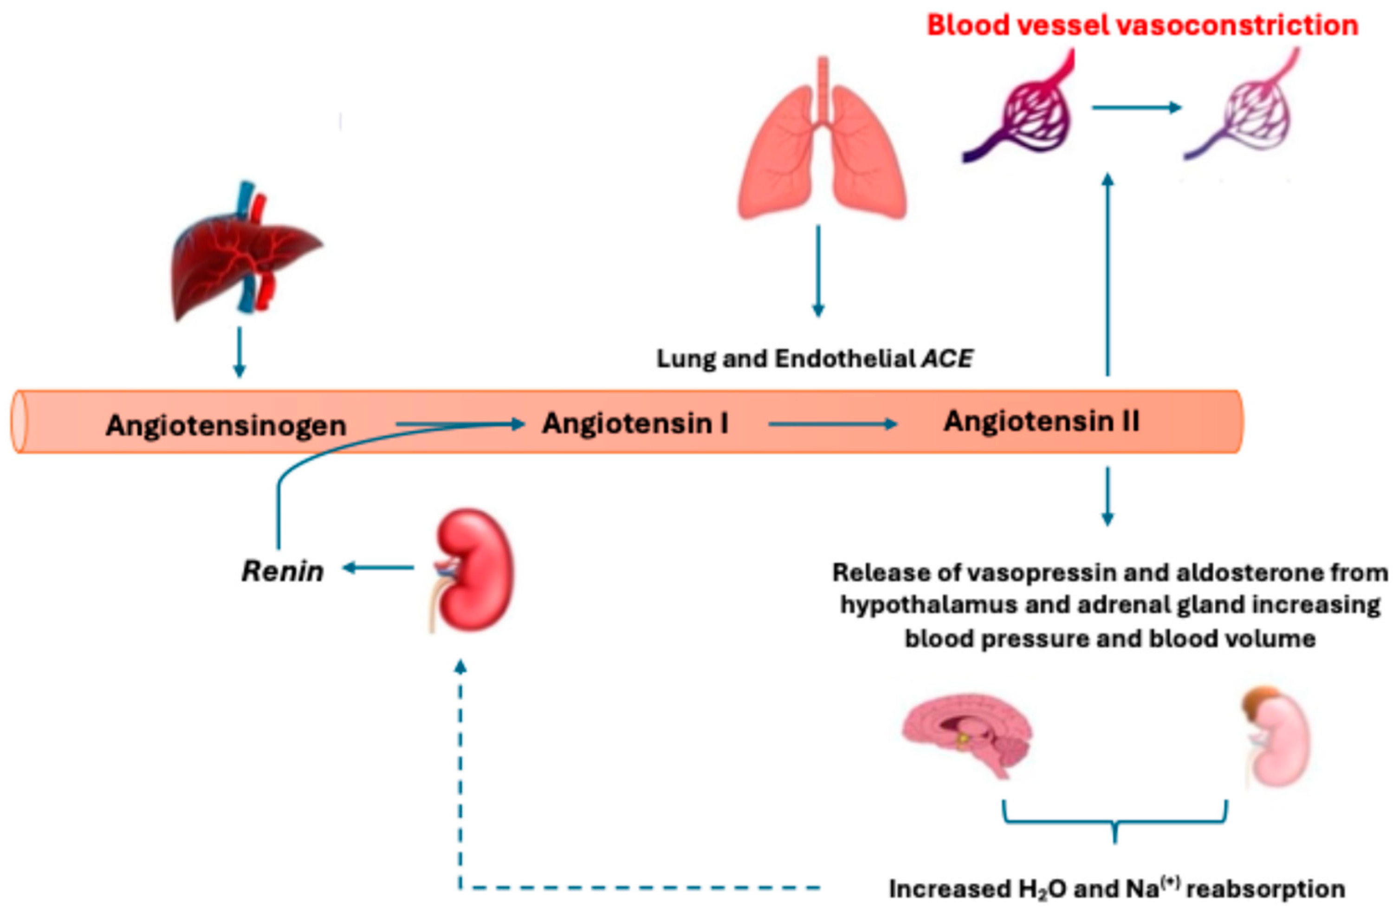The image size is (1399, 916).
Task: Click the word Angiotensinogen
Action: pos(227,426)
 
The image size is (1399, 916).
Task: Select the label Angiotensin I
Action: pos(635,423)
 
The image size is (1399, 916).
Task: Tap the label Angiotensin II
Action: pos(1041,422)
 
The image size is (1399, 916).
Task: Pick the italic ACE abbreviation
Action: pos(947,358)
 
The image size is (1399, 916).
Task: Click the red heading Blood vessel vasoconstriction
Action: pos(1142,25)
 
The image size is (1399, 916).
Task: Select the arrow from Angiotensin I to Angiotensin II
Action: pos(832,424)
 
